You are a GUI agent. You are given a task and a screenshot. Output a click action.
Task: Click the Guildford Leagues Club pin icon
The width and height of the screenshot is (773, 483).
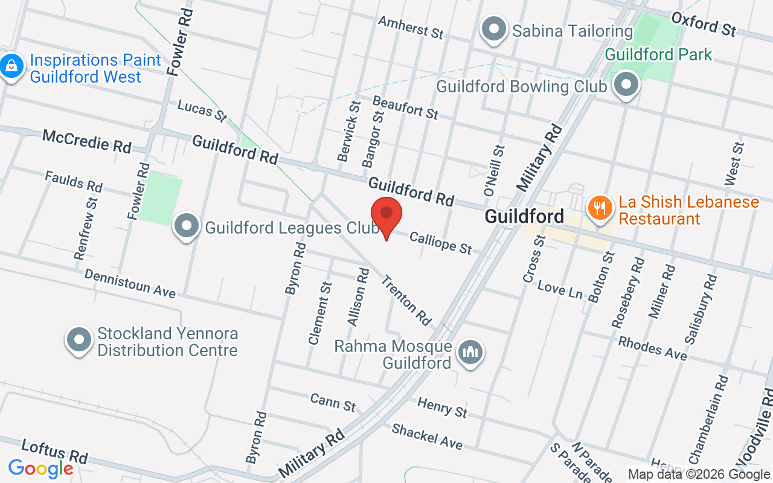tap(187, 226)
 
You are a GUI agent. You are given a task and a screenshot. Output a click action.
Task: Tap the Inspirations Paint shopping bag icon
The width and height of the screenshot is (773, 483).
tap(11, 66)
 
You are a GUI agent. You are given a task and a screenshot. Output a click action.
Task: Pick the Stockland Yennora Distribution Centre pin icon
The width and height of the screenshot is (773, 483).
tap(79, 340)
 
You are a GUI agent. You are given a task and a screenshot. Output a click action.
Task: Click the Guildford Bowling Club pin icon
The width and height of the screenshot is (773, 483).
tap(626, 84)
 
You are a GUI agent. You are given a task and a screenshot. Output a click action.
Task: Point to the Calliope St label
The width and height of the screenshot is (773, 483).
tap(440, 243)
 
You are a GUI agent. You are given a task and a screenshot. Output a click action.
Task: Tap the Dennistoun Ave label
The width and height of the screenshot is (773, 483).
tap(130, 283)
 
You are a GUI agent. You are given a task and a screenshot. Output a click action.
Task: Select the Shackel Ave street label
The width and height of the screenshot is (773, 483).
tap(427, 436)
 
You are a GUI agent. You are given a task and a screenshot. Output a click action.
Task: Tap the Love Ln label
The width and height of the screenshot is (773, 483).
tap(560, 290)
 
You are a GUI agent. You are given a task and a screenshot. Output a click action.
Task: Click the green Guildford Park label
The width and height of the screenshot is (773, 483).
tap(658, 54)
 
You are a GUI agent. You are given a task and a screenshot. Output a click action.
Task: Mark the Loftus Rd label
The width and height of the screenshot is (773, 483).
tap(54, 450)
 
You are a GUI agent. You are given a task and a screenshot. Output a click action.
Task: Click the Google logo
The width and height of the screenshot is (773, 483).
tap(40, 468)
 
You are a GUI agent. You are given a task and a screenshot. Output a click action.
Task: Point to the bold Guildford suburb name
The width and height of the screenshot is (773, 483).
tap(524, 216)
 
